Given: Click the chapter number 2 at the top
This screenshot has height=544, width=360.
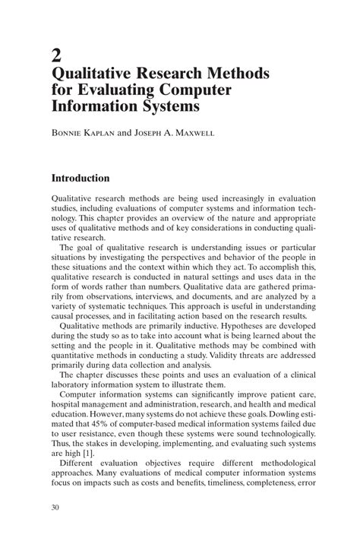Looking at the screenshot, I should click(x=55, y=54).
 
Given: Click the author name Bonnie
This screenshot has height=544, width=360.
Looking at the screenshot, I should click(x=70, y=132).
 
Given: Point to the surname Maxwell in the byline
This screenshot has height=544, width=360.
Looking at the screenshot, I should click(x=193, y=132).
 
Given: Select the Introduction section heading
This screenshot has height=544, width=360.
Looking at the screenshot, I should click(x=80, y=179).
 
